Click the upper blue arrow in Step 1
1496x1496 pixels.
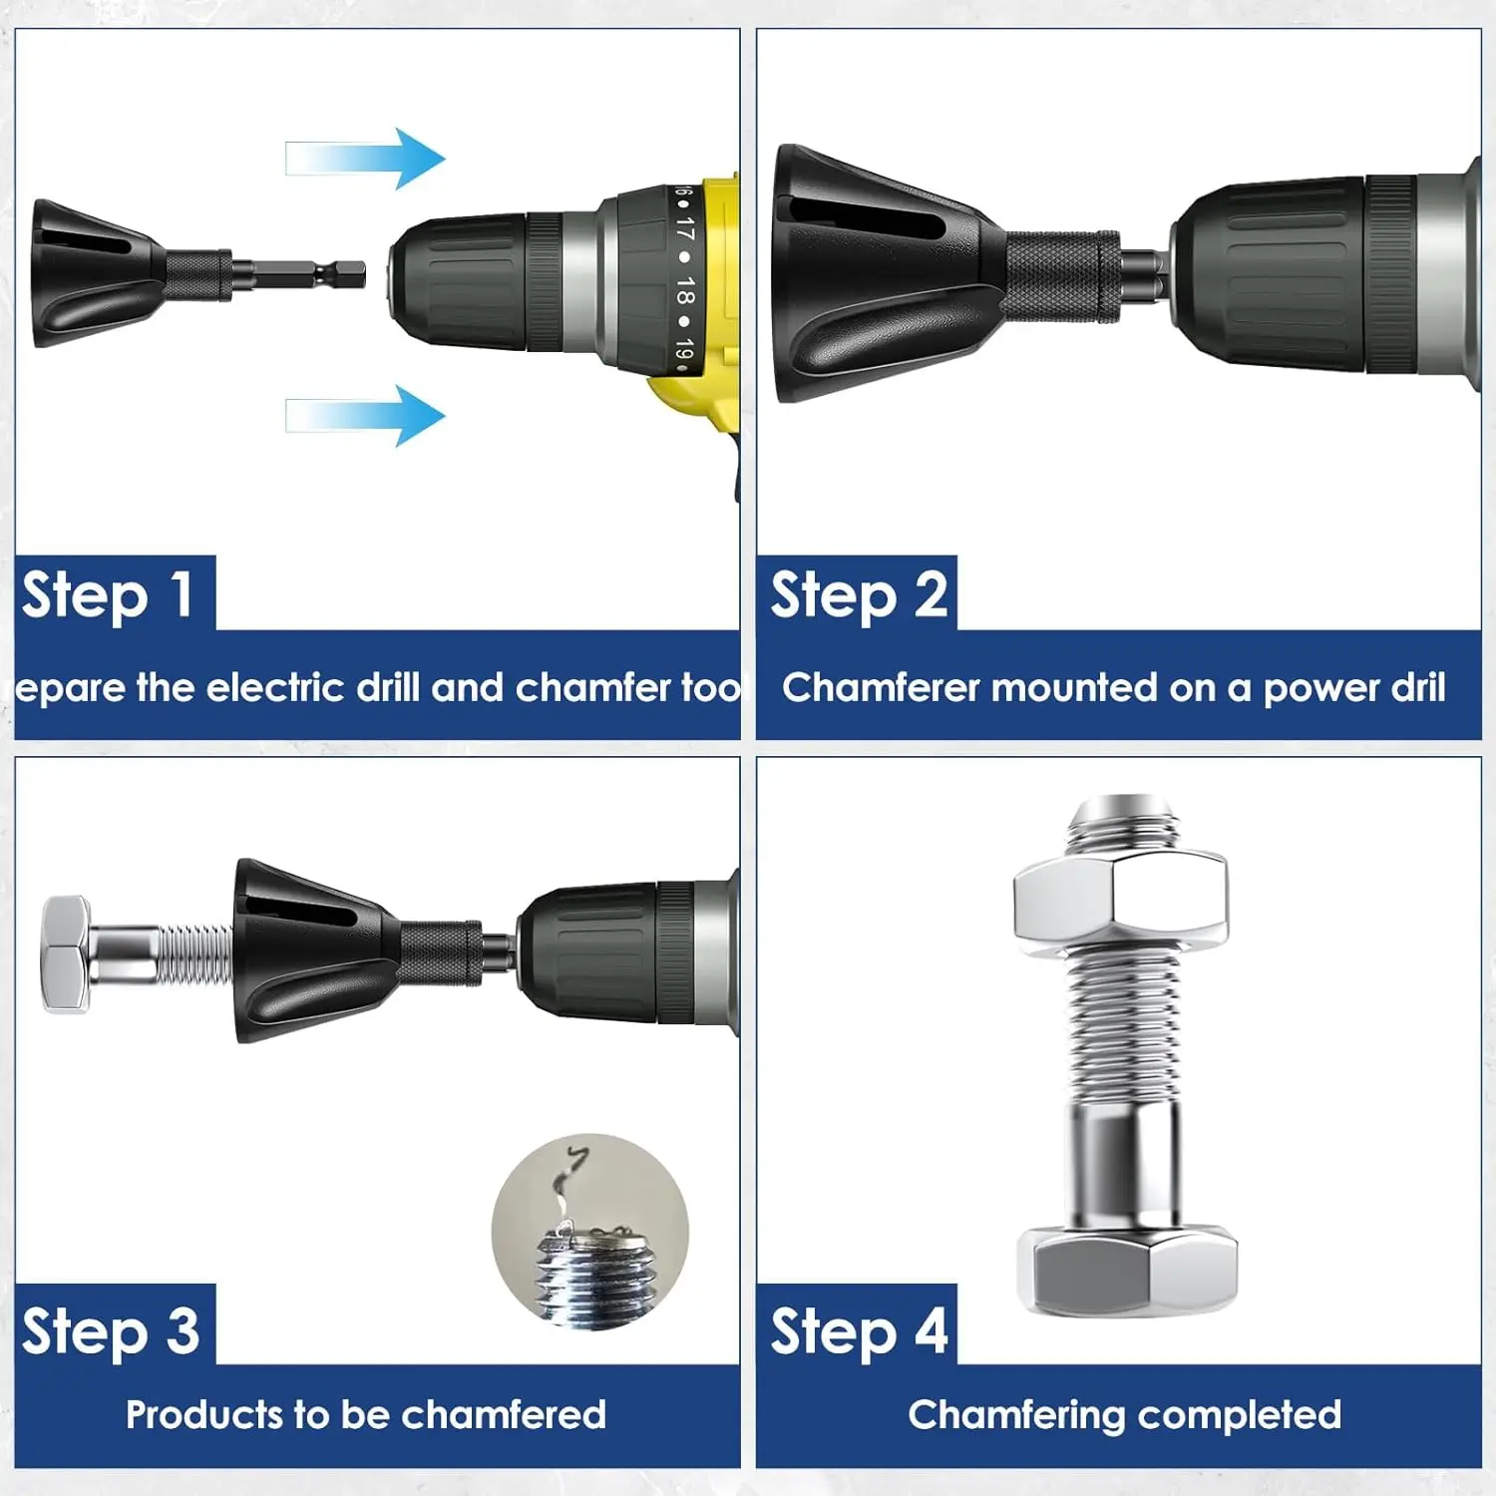point(369,159)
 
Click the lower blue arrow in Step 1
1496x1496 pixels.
point(369,415)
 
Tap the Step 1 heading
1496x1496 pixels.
point(108,595)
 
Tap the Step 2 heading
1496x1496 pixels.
point(858,595)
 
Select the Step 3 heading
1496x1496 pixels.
point(111,1331)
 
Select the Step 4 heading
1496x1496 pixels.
point(858,1331)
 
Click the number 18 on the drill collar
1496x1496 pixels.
point(684,291)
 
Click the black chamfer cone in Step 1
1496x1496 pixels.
point(90,273)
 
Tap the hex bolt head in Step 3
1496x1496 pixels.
point(66,954)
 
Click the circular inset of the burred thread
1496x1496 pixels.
point(590,1232)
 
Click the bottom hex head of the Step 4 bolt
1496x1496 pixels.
point(1127,1272)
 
